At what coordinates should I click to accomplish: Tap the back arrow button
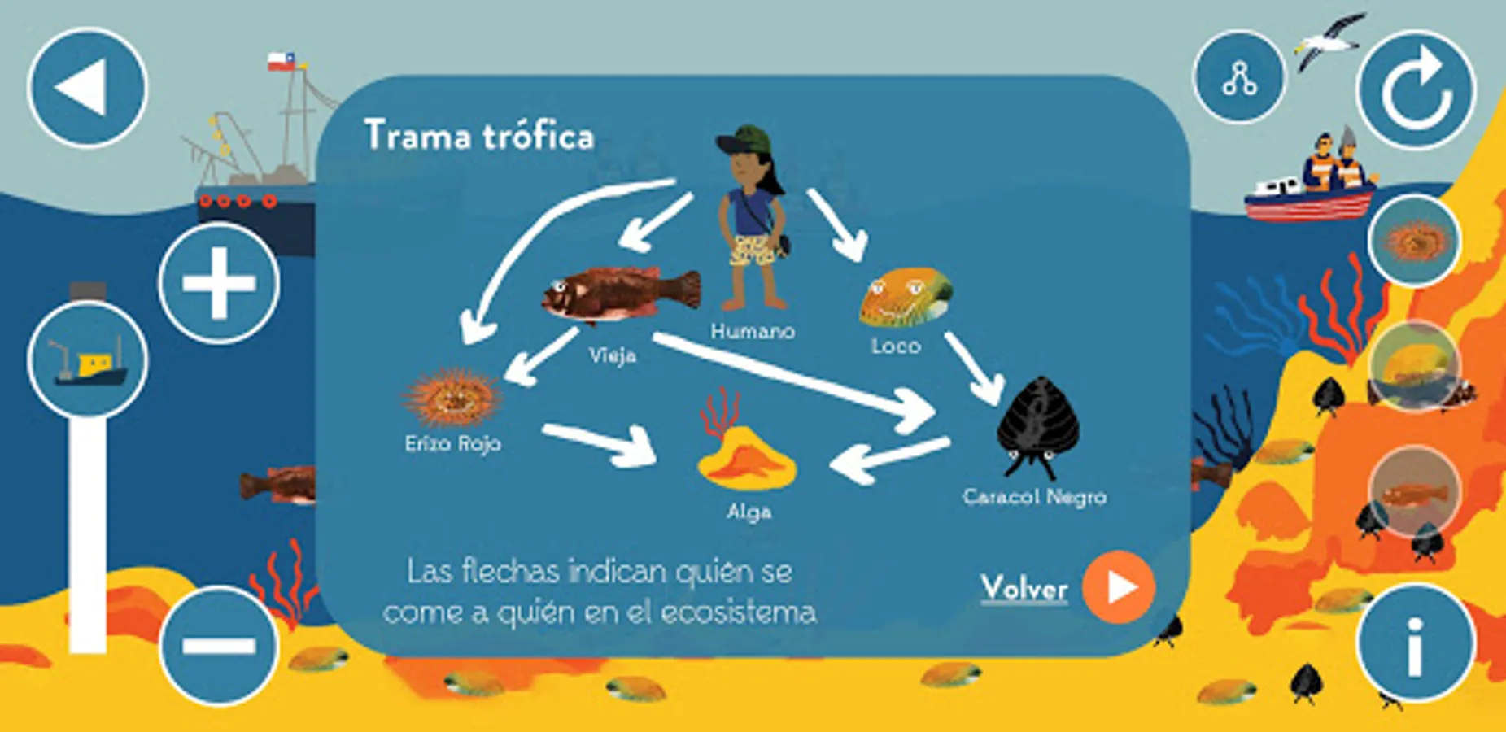tap(88, 87)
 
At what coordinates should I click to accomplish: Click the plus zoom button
tap(219, 283)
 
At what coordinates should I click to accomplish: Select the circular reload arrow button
tap(1417, 89)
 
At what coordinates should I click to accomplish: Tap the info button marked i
tap(1417, 643)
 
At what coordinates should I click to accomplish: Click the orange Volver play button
tap(1119, 587)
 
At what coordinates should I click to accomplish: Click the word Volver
tap(1024, 588)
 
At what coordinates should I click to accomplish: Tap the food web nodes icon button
tap(1239, 77)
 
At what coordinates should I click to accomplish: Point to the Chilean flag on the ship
tap(282, 61)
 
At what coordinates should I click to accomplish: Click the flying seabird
tap(1329, 41)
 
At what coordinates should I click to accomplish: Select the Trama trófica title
tap(479, 135)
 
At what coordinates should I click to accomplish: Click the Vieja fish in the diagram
tap(621, 294)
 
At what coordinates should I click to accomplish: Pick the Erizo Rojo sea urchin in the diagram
tap(452, 398)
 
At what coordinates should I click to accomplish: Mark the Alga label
tap(749, 512)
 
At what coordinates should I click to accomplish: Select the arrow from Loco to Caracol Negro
tap(974, 368)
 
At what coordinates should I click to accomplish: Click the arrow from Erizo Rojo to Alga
tap(600, 444)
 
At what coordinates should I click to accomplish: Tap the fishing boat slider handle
tap(88, 359)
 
